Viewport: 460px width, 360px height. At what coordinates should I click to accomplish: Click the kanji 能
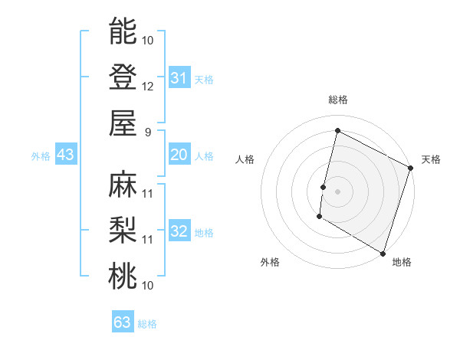pyautogui.click(x=123, y=31)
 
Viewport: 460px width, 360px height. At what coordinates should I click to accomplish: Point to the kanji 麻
pyautogui.click(x=123, y=184)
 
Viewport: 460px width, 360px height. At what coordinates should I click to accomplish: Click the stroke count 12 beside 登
pyautogui.click(x=148, y=86)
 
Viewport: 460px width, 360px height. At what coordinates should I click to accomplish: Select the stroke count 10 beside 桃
pyautogui.click(x=148, y=285)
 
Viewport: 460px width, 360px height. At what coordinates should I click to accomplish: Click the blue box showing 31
pyautogui.click(x=179, y=77)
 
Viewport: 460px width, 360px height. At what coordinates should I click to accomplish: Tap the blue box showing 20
pyautogui.click(x=179, y=155)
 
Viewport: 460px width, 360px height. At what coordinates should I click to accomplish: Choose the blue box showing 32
pyautogui.click(x=179, y=231)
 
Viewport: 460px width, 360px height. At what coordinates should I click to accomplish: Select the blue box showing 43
pyautogui.click(x=65, y=155)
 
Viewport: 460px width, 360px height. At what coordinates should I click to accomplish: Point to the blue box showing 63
pyautogui.click(x=122, y=322)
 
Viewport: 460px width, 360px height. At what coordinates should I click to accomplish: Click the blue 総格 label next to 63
pyautogui.click(x=147, y=324)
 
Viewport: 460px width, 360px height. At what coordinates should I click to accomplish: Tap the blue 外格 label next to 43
pyautogui.click(x=41, y=156)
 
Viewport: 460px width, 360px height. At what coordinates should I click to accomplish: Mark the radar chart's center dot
pyautogui.click(x=337, y=191)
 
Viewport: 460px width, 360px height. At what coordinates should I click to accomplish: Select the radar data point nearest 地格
pyautogui.click(x=383, y=253)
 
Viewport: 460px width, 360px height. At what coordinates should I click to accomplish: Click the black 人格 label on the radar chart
pyautogui.click(x=245, y=159)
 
